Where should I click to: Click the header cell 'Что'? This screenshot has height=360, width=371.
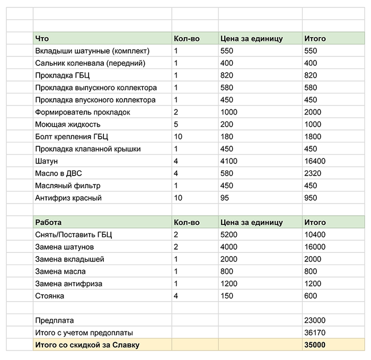tap(42, 39)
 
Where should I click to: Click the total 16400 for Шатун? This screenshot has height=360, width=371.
tap(315, 161)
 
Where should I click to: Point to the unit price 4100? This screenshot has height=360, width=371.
tap(229, 161)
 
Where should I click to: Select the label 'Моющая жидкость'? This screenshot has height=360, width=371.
tap(67, 125)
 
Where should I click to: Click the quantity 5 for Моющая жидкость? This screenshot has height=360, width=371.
tap(176, 125)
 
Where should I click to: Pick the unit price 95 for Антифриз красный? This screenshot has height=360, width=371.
tap(225, 198)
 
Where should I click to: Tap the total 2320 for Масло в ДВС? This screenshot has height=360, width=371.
tap(313, 173)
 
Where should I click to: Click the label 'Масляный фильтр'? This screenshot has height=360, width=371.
tap(67, 186)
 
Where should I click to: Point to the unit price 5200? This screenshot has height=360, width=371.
tap(229, 235)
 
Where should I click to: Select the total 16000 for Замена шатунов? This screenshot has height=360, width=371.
tap(315, 247)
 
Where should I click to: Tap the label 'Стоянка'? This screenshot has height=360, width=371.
tap(49, 296)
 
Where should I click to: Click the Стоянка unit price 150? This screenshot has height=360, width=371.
tap(227, 296)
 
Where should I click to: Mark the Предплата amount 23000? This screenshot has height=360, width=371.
tap(315, 320)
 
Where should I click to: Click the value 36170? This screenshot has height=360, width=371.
tap(315, 332)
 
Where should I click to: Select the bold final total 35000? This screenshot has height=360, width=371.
tap(315, 345)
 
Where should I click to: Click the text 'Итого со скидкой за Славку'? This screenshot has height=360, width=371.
tap(87, 345)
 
